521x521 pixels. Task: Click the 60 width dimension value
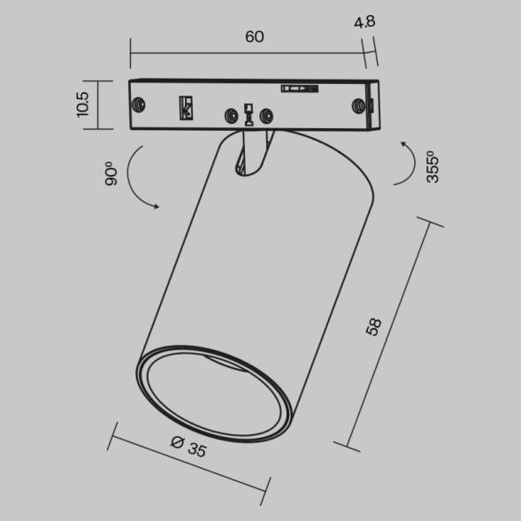click(x=255, y=37)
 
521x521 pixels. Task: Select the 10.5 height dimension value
click(x=83, y=104)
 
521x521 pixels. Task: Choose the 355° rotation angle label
click(x=433, y=165)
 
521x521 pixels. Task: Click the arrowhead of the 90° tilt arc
click(x=156, y=207)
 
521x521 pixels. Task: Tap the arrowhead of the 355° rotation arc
click(x=403, y=142)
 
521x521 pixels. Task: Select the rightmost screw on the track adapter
click(x=359, y=105)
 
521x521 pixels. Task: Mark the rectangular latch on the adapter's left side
click(x=187, y=106)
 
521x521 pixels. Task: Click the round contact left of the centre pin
click(x=232, y=114)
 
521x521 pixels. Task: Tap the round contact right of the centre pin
click(x=265, y=114)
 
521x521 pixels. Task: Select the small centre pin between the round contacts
click(x=249, y=112)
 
